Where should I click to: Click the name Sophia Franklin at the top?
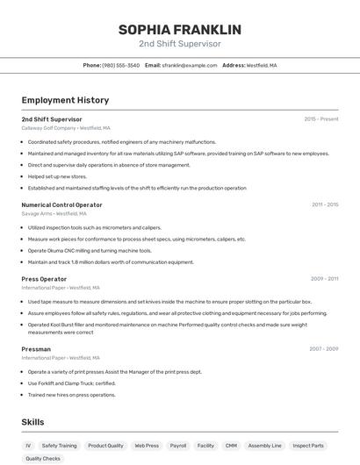[x=179, y=30]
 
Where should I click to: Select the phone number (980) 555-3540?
[x=120, y=65]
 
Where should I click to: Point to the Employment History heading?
[x=65, y=100]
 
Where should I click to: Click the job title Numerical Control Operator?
[x=61, y=204]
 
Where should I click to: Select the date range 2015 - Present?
[x=320, y=118]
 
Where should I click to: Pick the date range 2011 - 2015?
[x=324, y=204]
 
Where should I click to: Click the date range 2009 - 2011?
[x=324, y=279]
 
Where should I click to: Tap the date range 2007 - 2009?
[x=323, y=349]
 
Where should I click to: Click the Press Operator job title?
[x=44, y=279]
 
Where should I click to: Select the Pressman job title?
[x=36, y=349]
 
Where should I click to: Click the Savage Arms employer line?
[x=54, y=213]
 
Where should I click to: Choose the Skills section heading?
[x=33, y=422]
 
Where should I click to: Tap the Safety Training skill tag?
[x=59, y=446]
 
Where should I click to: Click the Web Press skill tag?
[x=146, y=446]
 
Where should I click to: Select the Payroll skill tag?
[x=178, y=446]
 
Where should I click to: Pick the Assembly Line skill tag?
[x=264, y=446]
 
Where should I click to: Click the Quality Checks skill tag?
[x=43, y=458]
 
